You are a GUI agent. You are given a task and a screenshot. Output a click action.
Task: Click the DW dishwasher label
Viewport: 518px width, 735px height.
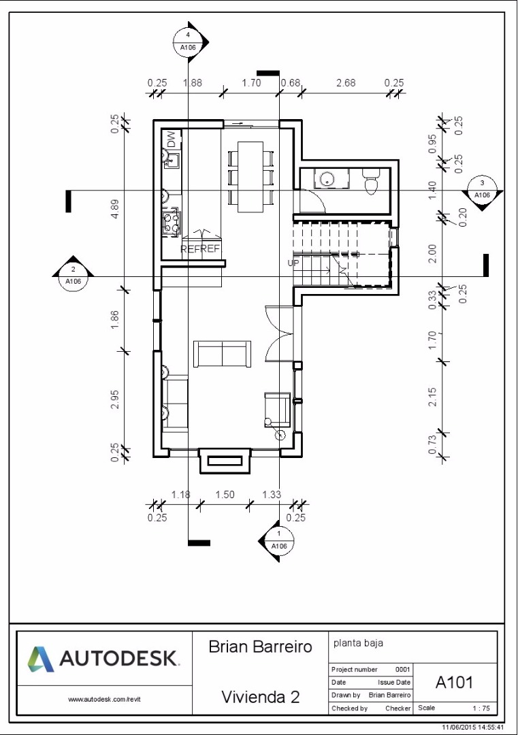pyautogui.click(x=172, y=140)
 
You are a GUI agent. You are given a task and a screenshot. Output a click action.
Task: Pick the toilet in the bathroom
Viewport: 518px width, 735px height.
pyautogui.click(x=371, y=180)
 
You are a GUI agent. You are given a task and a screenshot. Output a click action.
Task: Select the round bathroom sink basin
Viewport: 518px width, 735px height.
pyautogui.click(x=326, y=178)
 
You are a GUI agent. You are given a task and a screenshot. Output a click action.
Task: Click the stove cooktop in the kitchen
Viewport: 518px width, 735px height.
pyautogui.click(x=171, y=222)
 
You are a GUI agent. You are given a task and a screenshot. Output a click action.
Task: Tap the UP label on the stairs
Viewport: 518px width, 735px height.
pyautogui.click(x=293, y=263)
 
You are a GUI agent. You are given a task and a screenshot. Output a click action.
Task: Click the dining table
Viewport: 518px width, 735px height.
pyautogui.click(x=250, y=176)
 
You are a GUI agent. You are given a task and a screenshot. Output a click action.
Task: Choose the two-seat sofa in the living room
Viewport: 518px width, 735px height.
pyautogui.click(x=222, y=355)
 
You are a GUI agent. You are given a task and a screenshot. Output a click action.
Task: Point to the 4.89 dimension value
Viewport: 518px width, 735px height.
pyautogui.click(x=115, y=209)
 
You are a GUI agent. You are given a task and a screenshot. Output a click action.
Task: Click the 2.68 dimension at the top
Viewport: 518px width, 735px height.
pyautogui.click(x=346, y=83)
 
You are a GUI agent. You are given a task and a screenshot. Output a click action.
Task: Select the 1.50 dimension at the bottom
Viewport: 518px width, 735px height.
pyautogui.click(x=225, y=495)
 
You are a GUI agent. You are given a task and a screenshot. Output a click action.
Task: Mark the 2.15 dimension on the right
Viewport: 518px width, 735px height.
pyautogui.click(x=432, y=397)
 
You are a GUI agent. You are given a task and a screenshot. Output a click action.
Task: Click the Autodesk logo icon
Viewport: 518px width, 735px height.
pyautogui.click(x=40, y=659)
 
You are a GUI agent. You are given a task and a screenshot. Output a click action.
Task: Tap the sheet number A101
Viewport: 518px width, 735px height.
pyautogui.click(x=454, y=683)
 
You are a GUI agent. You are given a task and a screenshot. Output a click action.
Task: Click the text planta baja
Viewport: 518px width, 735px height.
pyautogui.click(x=358, y=643)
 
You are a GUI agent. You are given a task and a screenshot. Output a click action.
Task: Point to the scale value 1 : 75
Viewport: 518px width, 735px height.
pyautogui.click(x=481, y=708)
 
